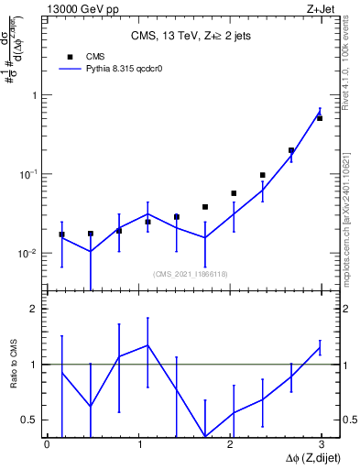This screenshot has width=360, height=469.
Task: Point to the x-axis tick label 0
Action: pos(47,443)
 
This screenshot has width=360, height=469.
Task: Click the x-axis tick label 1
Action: pos(138,443)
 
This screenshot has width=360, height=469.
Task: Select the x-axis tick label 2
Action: pos(229,443)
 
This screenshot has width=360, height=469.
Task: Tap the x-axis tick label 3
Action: pos(321,443)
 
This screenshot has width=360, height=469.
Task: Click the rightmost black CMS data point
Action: pos(320,118)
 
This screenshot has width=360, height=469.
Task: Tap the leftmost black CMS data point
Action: pos(61,234)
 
